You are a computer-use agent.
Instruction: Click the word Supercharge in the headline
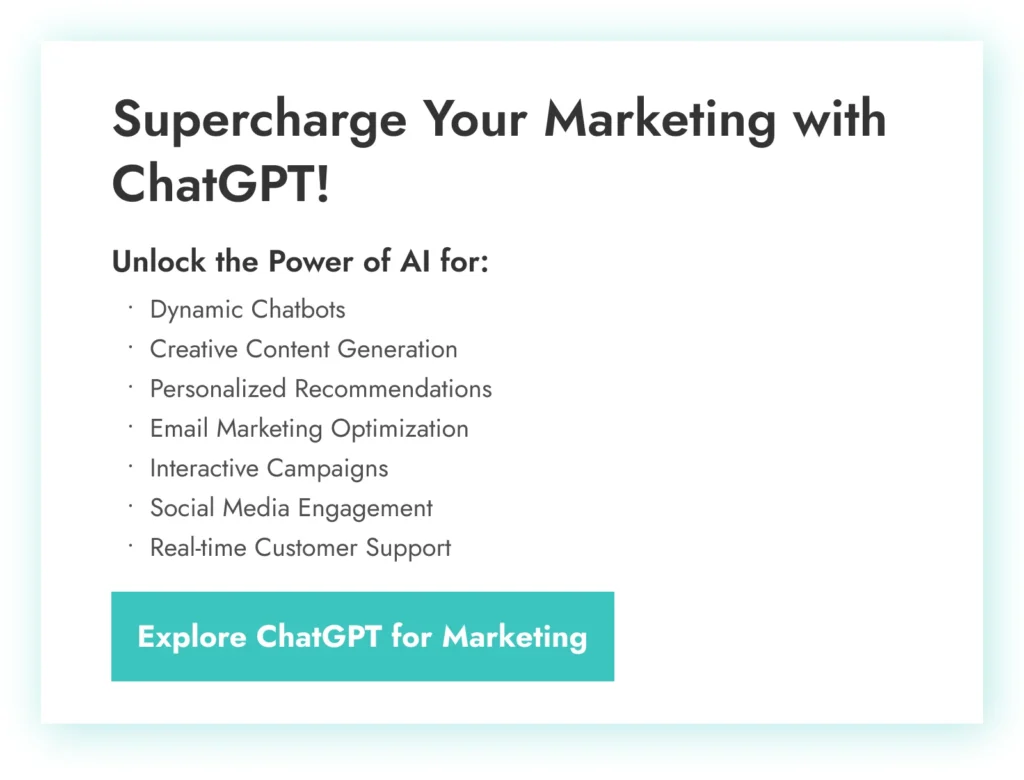point(259,119)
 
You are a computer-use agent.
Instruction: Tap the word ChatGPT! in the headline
point(221,184)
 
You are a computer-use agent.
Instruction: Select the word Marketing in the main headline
point(660,119)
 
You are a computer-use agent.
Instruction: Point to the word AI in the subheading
point(415,261)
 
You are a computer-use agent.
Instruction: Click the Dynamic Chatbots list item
point(248,310)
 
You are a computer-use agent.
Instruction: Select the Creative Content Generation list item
point(304,349)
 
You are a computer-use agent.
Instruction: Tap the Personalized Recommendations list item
point(321,389)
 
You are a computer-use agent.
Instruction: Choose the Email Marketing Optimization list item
point(310,429)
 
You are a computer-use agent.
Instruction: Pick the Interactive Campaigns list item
point(269,468)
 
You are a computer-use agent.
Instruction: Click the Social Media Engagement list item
point(291,508)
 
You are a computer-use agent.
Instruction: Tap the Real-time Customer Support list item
point(300,548)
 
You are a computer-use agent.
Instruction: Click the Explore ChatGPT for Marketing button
point(362,636)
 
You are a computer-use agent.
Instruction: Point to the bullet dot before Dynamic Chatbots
point(131,306)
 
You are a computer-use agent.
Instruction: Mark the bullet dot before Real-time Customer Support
point(131,544)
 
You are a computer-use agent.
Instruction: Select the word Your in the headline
point(474,119)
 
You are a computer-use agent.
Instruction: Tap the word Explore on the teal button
point(192,637)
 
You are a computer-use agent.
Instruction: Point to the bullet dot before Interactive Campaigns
point(131,465)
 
